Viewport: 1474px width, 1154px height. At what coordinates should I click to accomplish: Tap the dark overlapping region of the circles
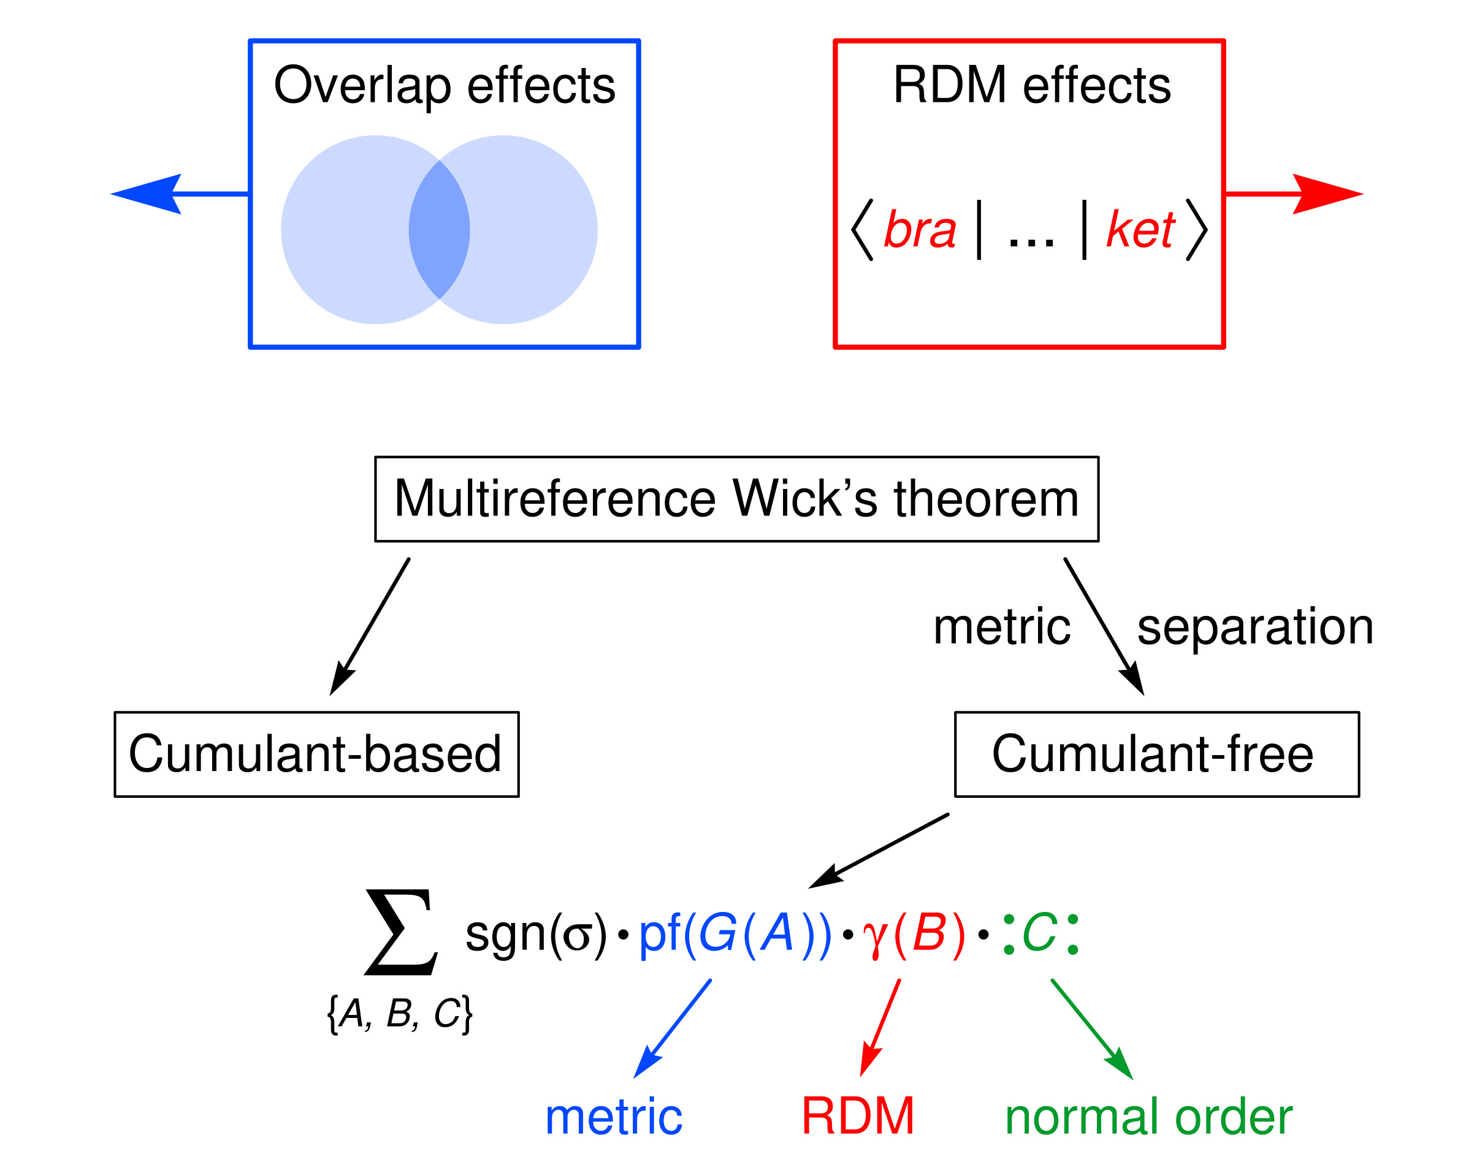pos(439,230)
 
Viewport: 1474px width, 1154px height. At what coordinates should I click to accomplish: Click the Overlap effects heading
pos(444,86)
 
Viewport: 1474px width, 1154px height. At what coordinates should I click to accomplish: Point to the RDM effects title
pos(1031,86)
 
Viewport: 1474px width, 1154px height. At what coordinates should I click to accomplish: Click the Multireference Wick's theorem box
pos(736,499)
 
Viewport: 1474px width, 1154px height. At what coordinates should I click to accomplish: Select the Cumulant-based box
pos(316,754)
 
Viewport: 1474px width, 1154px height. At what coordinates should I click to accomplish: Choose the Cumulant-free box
pos(1156,754)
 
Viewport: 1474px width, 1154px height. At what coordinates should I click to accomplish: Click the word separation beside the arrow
pos(1255,628)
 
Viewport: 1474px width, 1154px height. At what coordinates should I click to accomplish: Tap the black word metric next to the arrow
pos(1002,628)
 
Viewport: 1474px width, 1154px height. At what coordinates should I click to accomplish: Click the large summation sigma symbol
pos(401,932)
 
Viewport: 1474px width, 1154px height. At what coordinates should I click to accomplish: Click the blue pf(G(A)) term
pos(735,935)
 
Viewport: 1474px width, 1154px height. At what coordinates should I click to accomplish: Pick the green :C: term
pos(1040,935)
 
